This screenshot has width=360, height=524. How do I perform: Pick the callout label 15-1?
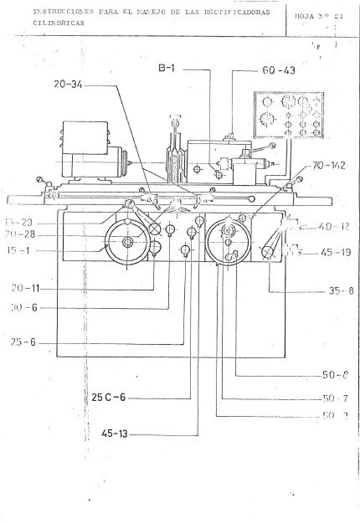pyautogui.click(x=19, y=249)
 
